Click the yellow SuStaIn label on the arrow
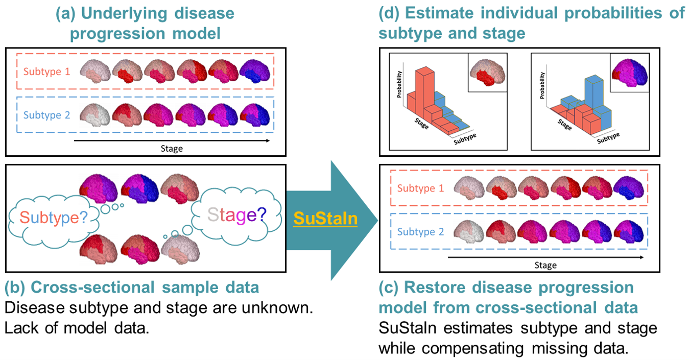point(325,218)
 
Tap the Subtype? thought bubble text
point(54,218)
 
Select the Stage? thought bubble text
point(237,214)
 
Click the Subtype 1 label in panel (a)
point(47,71)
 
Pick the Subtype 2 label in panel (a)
point(47,115)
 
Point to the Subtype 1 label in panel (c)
point(420,188)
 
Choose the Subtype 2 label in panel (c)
point(420,231)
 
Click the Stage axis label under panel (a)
point(172,149)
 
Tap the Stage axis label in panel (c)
point(545,266)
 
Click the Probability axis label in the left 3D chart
point(399,84)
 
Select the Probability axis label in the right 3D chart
point(542,85)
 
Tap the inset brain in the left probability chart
point(488,73)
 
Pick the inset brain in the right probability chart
point(630,73)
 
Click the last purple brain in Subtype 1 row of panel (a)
point(255,71)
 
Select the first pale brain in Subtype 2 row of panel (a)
point(94,115)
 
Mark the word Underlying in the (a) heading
point(124,13)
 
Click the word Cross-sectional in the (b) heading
point(92,287)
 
